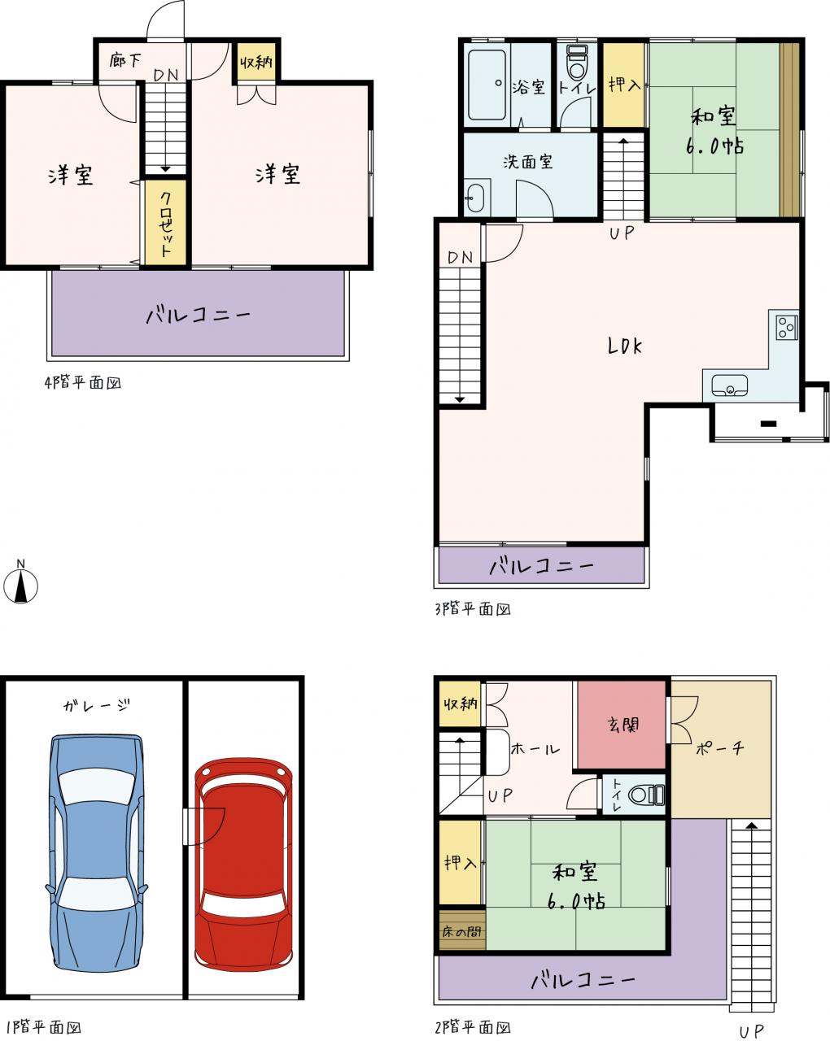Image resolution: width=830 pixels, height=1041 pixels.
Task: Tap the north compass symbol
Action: (20, 586)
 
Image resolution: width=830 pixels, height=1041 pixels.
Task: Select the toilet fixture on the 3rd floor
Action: (576, 63)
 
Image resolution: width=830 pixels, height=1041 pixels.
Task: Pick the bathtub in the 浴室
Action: (487, 85)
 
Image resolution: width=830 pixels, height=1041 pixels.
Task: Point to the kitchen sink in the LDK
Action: (729, 385)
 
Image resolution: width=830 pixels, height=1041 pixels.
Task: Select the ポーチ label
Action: (719, 749)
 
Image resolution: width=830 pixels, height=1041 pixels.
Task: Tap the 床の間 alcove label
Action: (461, 932)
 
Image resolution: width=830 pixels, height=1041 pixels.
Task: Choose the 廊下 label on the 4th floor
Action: (124, 60)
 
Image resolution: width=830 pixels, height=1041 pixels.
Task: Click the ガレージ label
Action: (97, 706)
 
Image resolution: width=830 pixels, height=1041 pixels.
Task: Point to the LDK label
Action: (625, 346)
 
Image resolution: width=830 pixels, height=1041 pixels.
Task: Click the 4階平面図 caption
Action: (83, 382)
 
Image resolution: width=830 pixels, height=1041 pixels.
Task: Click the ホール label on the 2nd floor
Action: (535, 749)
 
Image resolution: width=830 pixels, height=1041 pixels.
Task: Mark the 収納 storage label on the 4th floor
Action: (256, 62)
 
